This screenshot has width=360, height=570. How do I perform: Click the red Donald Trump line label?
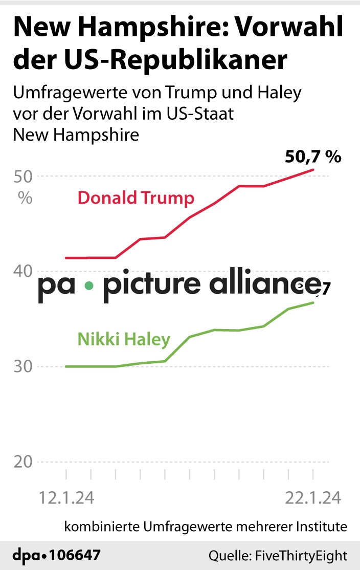136,198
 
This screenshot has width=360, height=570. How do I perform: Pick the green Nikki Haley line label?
124,339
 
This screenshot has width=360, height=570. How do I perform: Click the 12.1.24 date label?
66,497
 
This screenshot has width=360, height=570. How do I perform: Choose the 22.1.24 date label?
313,497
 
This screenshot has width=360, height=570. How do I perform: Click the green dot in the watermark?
88,286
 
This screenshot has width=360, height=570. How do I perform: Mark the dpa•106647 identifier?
57,555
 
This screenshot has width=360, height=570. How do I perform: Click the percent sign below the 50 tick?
25,198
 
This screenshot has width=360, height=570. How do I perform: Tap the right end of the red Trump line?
313,169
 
